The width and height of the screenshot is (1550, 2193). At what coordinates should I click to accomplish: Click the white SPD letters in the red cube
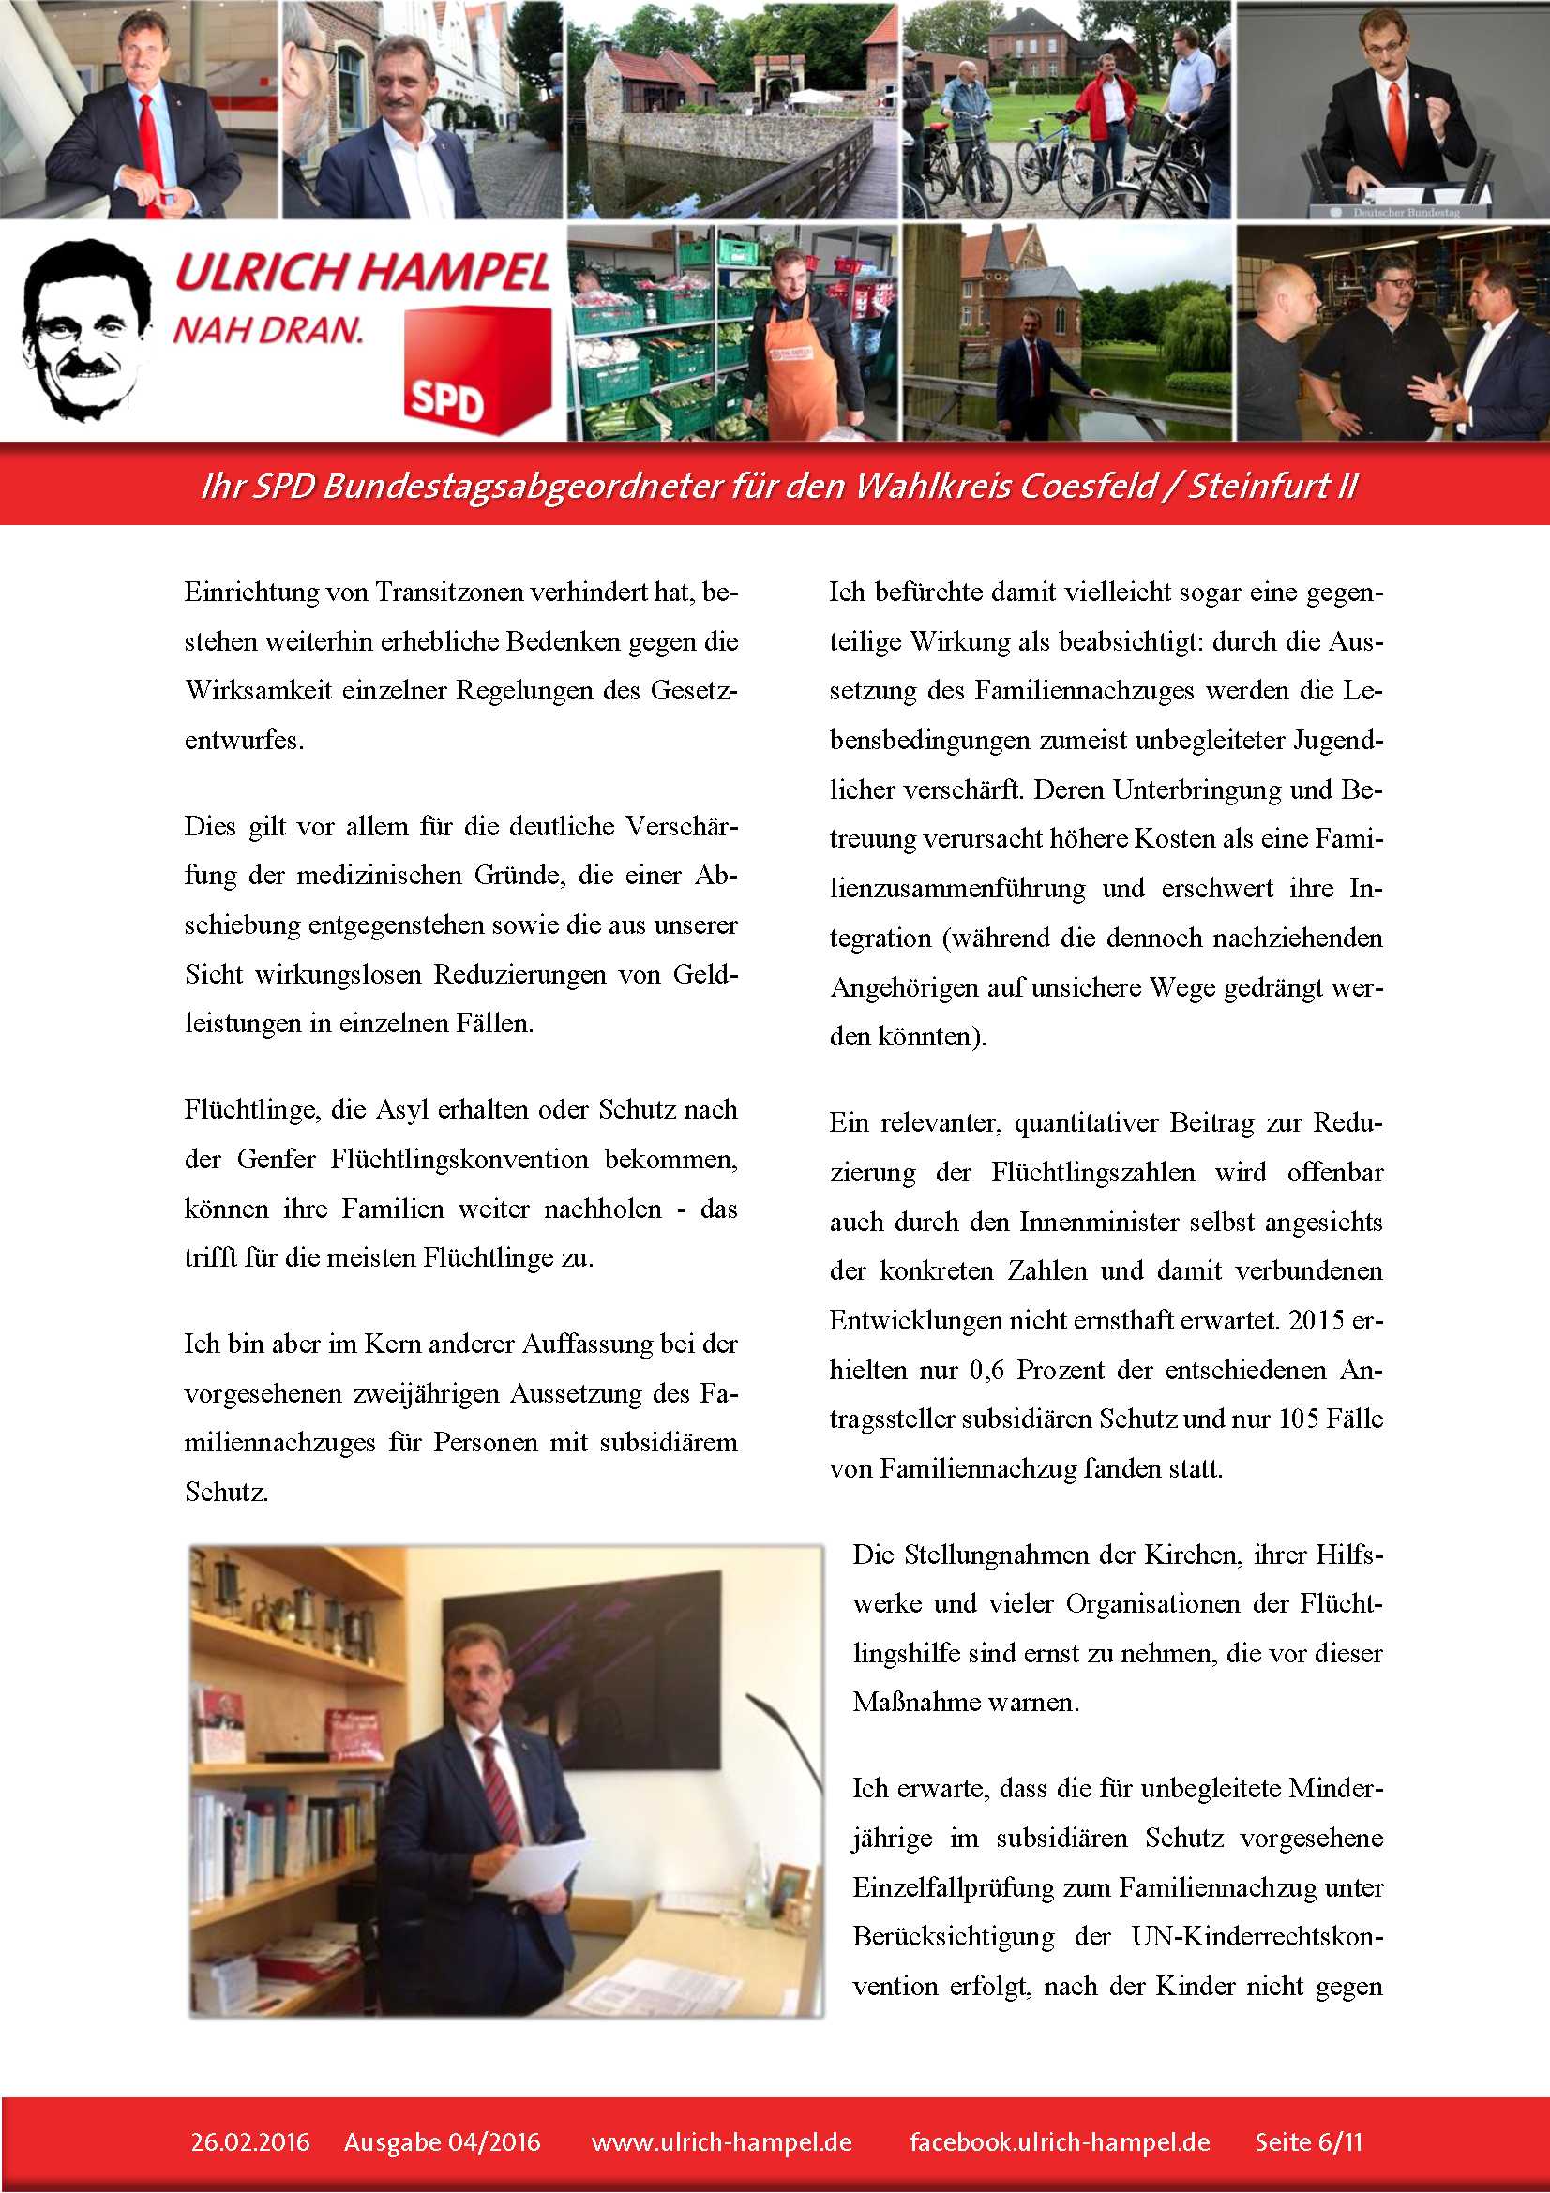pos(446,399)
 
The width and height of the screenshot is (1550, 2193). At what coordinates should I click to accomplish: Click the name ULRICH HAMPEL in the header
pos(363,272)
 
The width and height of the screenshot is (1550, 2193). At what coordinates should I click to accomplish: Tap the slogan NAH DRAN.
pos(268,330)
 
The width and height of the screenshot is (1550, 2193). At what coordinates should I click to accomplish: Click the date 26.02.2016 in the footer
pos(250,2141)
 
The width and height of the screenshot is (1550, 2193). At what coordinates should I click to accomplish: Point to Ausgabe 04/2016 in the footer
pos(443,2141)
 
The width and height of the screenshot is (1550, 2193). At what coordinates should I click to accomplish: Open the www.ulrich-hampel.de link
pos(721,2141)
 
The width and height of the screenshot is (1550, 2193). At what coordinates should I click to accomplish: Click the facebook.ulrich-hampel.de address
pos(1059,2141)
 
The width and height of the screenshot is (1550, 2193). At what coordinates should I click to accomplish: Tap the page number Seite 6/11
pos(1308,2141)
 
